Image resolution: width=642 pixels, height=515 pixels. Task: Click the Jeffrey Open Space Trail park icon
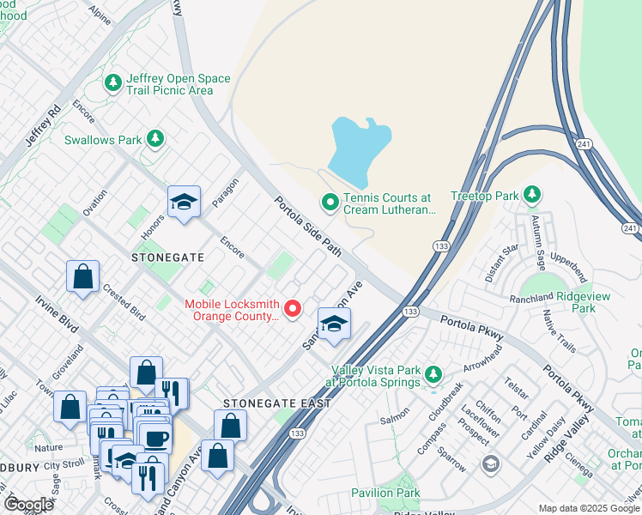(x=112, y=83)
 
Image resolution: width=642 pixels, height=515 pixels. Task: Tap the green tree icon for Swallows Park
(x=154, y=138)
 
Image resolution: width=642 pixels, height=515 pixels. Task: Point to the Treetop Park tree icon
(x=532, y=195)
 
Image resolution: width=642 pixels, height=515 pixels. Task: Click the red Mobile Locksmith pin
(x=293, y=308)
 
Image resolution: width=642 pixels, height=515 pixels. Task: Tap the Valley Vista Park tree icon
(x=433, y=374)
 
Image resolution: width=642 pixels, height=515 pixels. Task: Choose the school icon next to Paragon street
(x=184, y=203)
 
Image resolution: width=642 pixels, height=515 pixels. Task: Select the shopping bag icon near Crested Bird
(x=82, y=277)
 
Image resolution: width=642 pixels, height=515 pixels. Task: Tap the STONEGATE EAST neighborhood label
(x=265, y=403)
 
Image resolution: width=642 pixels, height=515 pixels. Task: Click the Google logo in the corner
(x=27, y=505)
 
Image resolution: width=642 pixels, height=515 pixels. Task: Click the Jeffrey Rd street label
(x=42, y=125)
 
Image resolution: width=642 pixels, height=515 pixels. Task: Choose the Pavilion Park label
(x=385, y=493)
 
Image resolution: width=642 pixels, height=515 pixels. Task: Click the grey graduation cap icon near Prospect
(x=490, y=464)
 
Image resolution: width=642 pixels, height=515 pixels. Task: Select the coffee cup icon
(x=154, y=439)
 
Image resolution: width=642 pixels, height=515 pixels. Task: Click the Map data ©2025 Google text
(x=589, y=508)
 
